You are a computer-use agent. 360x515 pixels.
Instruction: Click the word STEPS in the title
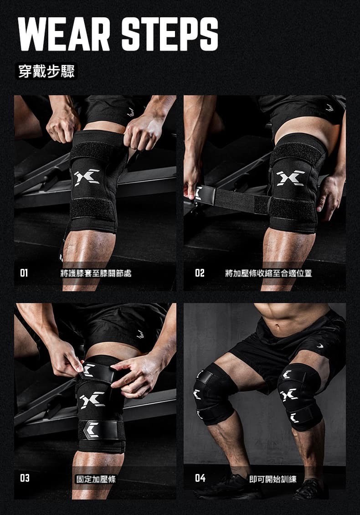[170, 34]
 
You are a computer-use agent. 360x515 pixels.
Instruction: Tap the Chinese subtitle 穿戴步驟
[46, 71]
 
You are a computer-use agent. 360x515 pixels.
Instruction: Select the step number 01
[24, 273]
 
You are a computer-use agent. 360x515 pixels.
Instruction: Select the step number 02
[200, 273]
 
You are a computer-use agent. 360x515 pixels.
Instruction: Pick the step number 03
[25, 478]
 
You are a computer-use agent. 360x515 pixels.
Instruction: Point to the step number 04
[200, 478]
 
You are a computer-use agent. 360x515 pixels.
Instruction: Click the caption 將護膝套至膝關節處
[96, 273]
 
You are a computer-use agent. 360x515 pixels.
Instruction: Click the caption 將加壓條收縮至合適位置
[268, 273]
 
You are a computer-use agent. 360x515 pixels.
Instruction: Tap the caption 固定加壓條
[96, 479]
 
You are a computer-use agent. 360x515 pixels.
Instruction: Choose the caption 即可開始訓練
[273, 479]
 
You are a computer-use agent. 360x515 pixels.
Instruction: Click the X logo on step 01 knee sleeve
[87, 177]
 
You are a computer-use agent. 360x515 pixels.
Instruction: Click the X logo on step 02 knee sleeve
[291, 178]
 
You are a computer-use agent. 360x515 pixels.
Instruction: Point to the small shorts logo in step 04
[320, 345]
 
